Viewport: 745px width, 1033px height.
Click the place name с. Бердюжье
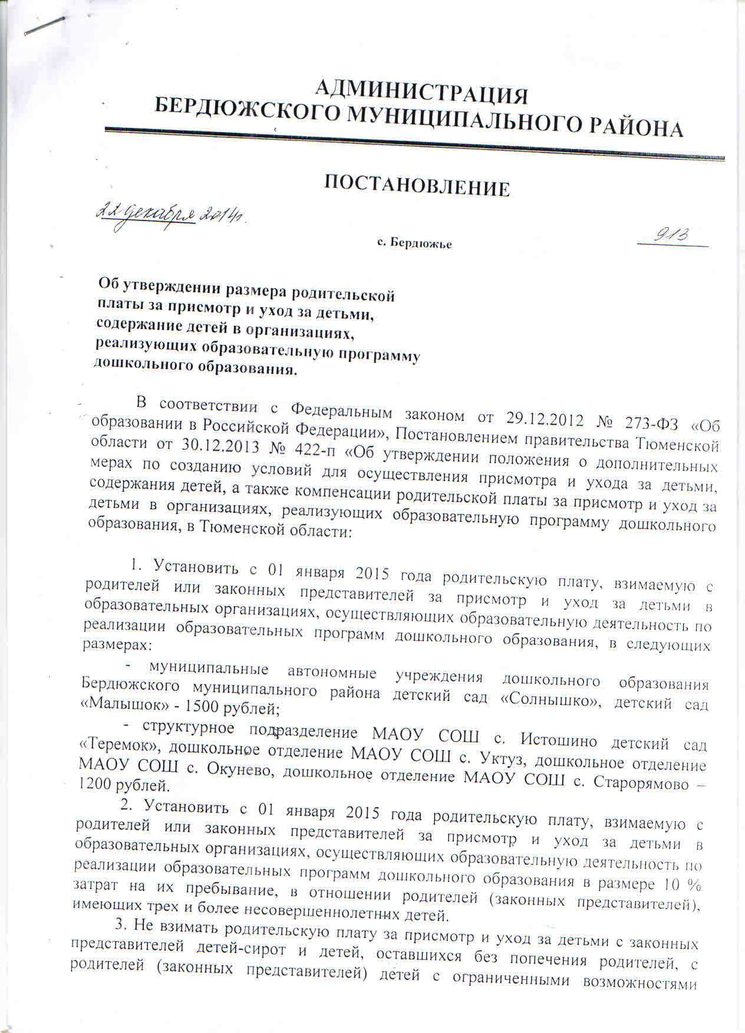tap(414, 243)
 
